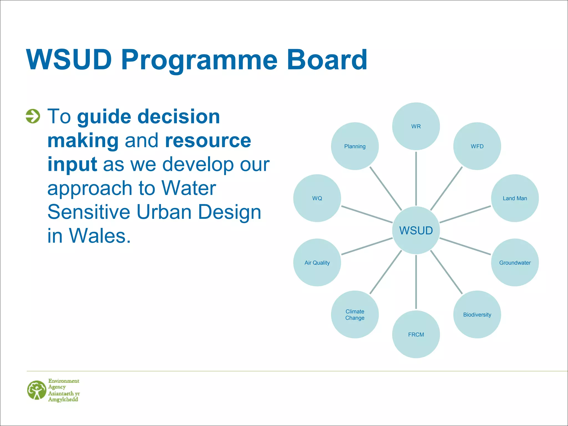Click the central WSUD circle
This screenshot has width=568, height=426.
(416, 230)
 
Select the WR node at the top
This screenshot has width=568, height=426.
(416, 126)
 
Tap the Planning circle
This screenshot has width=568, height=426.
(355, 146)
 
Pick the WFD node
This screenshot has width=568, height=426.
(477, 146)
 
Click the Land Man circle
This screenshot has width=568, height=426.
(515, 198)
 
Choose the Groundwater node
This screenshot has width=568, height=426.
(515, 262)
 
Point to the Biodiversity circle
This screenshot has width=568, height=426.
(477, 315)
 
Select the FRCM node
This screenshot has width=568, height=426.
(416, 334)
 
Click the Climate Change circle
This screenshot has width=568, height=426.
(355, 315)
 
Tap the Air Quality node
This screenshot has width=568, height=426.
(317, 262)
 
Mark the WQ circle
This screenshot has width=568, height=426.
(317, 198)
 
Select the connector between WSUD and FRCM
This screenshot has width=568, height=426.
(416, 282)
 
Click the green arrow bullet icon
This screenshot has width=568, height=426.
(33, 116)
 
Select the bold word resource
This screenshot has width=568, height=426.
(208, 140)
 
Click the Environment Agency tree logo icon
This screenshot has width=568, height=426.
(37, 390)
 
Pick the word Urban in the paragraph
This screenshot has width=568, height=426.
(164, 212)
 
